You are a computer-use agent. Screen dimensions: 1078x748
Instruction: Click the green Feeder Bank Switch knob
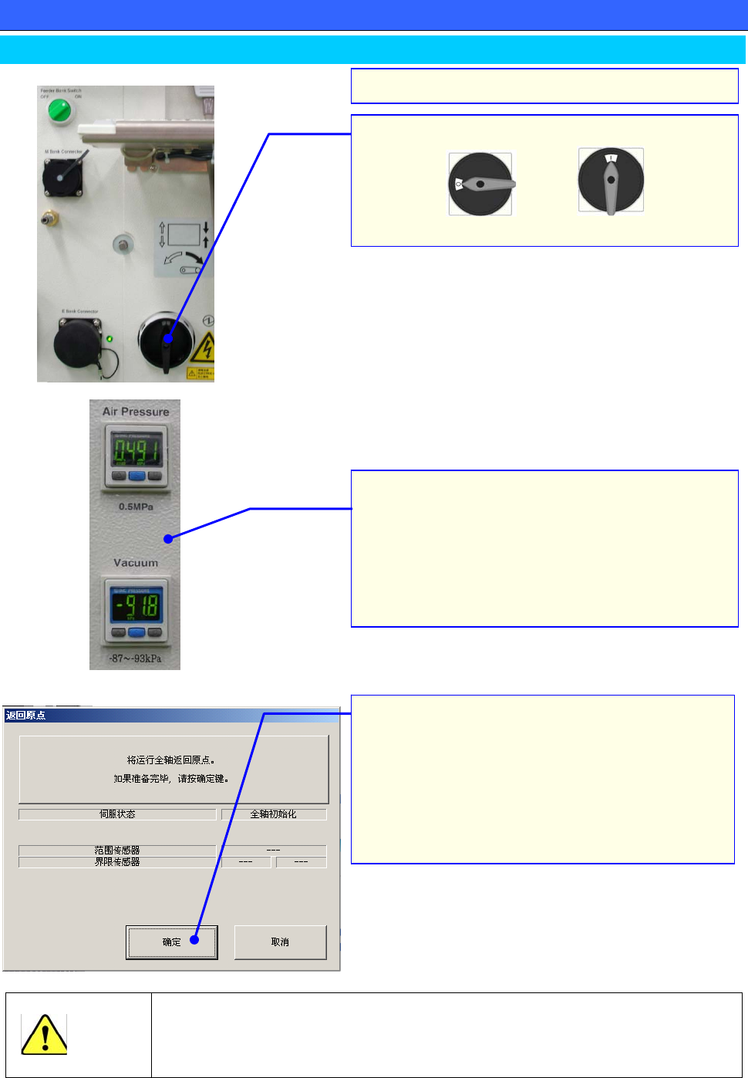(x=59, y=111)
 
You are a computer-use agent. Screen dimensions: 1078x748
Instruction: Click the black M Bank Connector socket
(x=62, y=178)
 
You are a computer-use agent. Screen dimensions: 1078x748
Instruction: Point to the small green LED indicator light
(x=110, y=339)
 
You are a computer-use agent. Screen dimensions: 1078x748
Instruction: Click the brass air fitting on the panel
(x=50, y=220)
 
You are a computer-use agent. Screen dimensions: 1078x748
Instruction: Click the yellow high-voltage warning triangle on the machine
(x=204, y=349)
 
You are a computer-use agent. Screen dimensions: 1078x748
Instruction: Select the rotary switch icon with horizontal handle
(x=480, y=184)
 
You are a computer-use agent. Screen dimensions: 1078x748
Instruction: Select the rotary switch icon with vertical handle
(x=611, y=180)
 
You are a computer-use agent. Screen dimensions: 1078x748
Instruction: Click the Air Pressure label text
(x=136, y=412)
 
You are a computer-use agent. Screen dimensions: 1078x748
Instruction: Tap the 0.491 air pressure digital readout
(x=136, y=451)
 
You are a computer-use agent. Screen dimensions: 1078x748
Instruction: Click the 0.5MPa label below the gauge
(x=136, y=507)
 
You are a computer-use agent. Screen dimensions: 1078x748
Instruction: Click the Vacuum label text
(x=136, y=563)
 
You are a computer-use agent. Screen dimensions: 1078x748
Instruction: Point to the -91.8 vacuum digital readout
(x=136, y=605)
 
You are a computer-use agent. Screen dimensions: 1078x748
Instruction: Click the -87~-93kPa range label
(x=136, y=659)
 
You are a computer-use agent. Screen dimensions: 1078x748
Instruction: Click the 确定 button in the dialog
(x=172, y=942)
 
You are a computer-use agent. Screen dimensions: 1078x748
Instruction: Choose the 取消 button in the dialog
(x=280, y=942)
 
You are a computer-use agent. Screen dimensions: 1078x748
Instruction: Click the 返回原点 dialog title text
(x=26, y=716)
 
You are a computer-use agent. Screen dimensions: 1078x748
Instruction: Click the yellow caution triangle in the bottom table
(x=44, y=1035)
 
